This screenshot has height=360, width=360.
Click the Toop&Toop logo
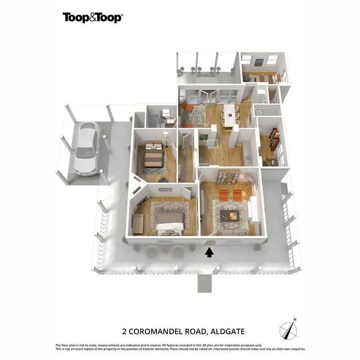click(x=93, y=18)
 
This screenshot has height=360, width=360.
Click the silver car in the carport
click(x=87, y=147)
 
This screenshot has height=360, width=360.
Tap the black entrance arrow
click(x=209, y=252)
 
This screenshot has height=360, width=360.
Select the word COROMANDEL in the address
click(x=163, y=331)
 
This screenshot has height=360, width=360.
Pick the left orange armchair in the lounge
click(x=223, y=194)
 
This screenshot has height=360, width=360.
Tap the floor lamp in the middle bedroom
click(x=166, y=141)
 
